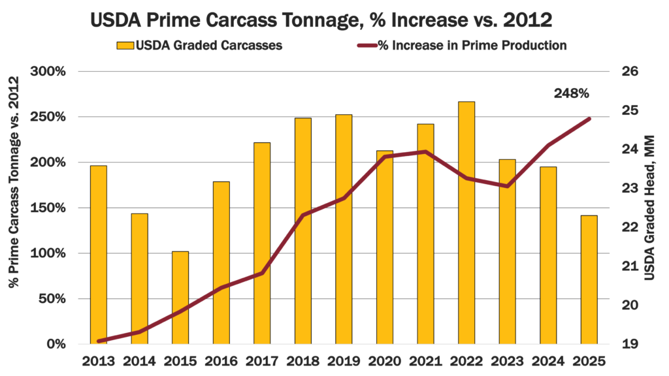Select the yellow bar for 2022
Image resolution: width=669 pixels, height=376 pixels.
click(466, 222)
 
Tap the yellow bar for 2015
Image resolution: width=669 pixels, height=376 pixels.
click(180, 297)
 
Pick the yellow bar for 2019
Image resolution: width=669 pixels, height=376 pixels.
click(344, 228)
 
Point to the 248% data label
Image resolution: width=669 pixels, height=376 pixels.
click(571, 93)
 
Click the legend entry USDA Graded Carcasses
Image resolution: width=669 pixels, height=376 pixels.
click(199, 46)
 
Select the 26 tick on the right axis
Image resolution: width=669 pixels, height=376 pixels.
click(628, 72)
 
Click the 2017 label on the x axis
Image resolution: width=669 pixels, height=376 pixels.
click(262, 361)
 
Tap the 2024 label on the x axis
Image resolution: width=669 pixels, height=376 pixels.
click(547, 361)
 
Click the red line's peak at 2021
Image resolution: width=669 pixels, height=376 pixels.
click(425, 151)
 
